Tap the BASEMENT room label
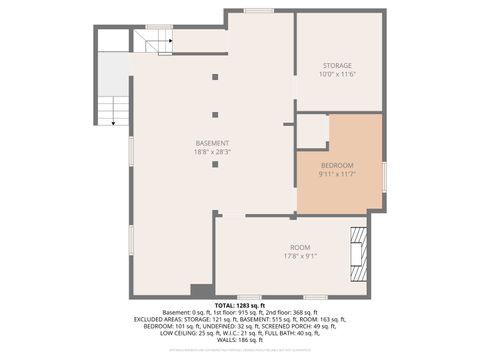212,143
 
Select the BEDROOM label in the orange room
337,165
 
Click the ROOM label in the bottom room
300,247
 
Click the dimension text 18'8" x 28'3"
212,153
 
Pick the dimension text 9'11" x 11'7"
337,175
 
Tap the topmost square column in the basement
215,76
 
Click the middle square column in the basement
215,115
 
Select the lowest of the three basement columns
215,164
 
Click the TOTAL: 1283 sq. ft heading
240,304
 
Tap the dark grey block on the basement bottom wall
202,290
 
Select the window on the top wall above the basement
259,11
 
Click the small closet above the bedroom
312,131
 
